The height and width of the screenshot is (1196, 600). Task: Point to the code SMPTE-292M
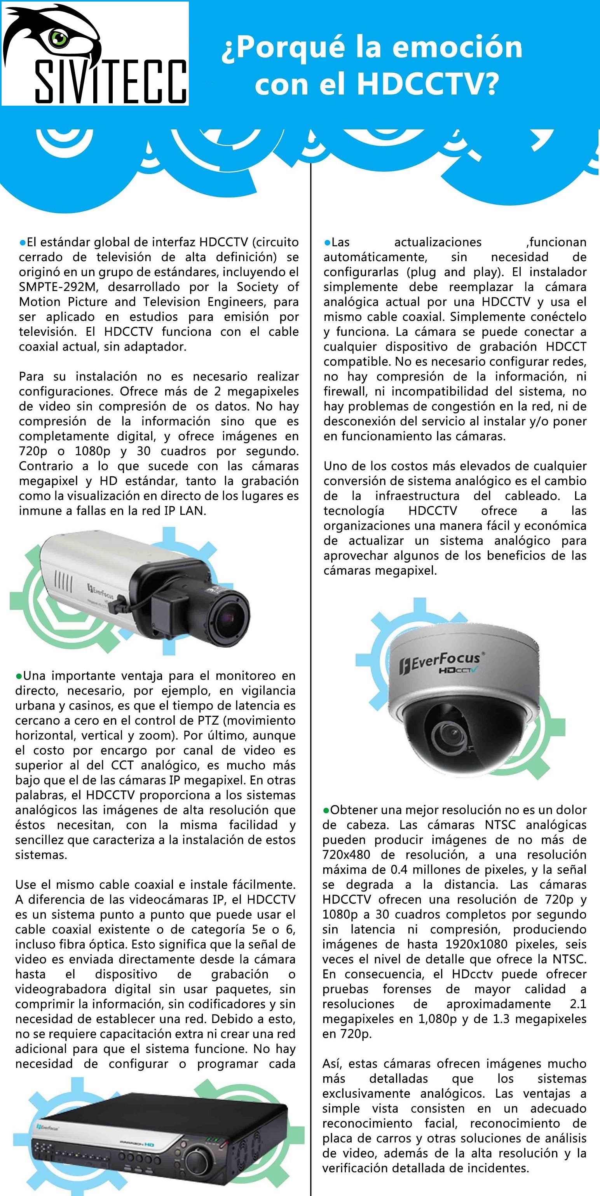58,287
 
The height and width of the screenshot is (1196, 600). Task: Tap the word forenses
407,989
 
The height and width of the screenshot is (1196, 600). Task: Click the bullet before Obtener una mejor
326,811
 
